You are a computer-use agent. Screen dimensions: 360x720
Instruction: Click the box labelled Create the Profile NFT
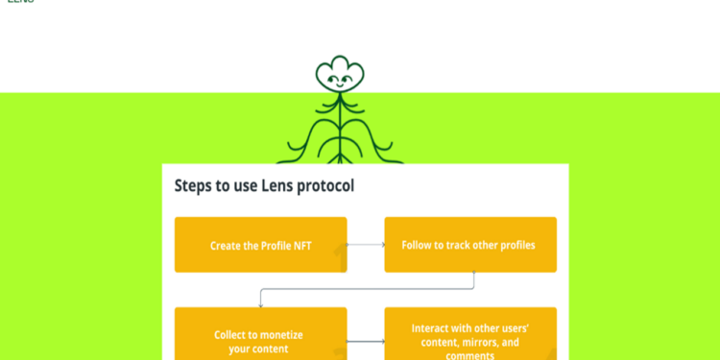coord(260,245)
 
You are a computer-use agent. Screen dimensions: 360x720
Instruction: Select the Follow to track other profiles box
coord(470,245)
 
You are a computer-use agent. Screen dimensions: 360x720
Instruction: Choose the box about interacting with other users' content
coord(470,336)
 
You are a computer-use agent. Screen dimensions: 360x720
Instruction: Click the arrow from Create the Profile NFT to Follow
coord(366,245)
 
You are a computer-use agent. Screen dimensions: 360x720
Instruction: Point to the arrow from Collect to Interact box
coord(366,341)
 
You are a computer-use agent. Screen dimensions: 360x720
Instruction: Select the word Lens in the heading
coord(277,186)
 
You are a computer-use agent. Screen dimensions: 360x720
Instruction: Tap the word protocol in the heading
coord(325,186)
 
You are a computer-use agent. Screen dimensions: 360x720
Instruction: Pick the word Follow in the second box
coord(419,245)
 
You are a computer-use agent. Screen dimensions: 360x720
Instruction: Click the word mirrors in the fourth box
coord(478,342)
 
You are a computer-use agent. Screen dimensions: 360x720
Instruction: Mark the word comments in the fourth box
coord(470,355)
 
